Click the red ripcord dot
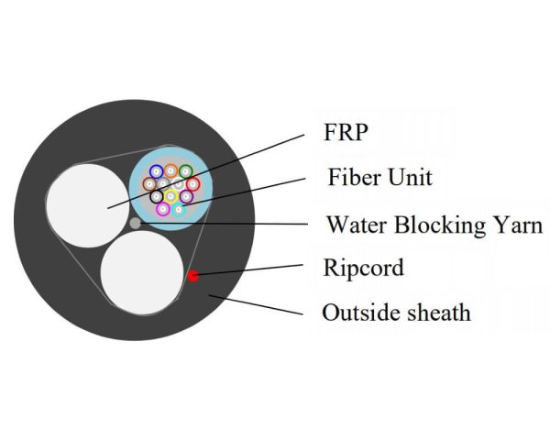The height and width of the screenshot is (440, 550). pos(192,275)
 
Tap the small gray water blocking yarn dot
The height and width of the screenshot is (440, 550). pos(136,222)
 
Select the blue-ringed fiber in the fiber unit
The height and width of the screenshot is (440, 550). pos(155,171)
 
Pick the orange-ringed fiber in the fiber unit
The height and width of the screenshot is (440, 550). pos(170,170)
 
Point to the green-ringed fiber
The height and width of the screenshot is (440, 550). pos(185,171)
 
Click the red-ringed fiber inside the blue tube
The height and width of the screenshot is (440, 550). pos(192,184)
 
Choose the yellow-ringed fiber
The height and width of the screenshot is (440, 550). pos(170,195)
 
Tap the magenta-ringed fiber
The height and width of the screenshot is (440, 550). pos(163,209)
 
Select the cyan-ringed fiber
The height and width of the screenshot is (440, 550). pos(179,208)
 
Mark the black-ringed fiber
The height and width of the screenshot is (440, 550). pos(157,196)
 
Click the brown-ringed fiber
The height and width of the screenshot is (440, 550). pos(149,184)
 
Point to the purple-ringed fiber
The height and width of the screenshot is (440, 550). pos(186,196)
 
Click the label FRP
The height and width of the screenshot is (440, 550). pos(346,133)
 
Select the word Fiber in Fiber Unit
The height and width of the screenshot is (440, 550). pos(349,177)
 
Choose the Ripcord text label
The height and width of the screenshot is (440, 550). pos(363,268)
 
